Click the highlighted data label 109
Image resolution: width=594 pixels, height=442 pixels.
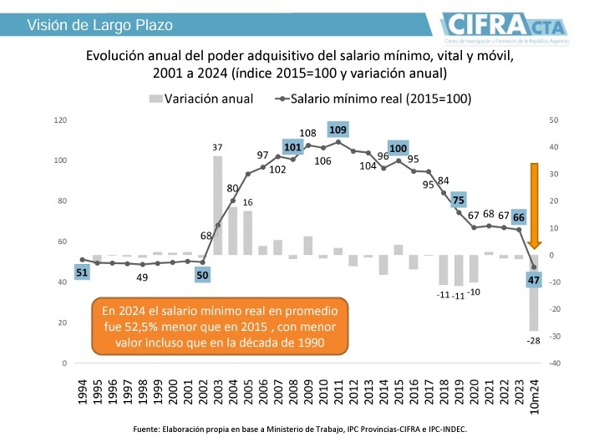coord(338,130)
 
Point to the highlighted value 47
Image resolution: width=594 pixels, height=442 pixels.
coord(534,280)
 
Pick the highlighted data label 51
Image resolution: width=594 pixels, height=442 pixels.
coord(82,272)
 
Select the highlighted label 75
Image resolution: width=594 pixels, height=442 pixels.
coord(458,200)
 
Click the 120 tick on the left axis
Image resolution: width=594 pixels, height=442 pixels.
coord(59,119)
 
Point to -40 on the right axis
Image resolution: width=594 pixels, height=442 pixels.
coord(555,363)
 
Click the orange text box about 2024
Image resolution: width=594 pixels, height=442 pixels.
coord(221,325)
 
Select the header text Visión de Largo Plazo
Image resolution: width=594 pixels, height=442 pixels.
coord(99,24)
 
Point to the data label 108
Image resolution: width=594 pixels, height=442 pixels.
coord(307,133)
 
